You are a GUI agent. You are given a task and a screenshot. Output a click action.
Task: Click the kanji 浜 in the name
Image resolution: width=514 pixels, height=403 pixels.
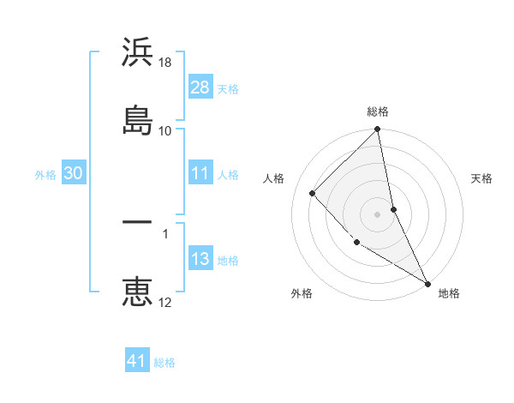pos(137,53)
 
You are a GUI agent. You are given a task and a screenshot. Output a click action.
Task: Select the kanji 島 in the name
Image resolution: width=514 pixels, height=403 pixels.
pos(137,118)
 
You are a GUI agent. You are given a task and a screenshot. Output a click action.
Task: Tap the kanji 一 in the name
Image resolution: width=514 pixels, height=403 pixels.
pos(137,222)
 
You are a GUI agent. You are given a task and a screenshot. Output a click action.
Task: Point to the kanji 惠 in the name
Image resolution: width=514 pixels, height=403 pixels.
pos(137,292)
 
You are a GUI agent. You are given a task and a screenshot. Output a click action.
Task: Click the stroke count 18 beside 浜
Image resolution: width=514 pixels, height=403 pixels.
pos(165,63)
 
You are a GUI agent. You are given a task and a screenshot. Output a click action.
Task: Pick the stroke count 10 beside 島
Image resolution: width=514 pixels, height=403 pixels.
pos(165,130)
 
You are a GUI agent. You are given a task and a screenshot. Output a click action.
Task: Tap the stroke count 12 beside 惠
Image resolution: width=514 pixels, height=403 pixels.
pos(165,302)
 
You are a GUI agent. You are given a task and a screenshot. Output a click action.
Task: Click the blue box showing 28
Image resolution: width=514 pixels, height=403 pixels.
pos(200,87)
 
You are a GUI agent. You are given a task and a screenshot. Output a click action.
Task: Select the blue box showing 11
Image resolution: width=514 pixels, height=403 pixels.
pos(200,173)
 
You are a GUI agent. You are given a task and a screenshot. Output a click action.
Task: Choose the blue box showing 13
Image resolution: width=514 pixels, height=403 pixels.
pos(200,259)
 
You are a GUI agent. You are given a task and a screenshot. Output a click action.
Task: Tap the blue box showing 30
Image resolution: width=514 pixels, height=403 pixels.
pos(73,173)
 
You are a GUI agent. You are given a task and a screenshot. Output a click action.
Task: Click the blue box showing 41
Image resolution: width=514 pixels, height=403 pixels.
pos(137,361)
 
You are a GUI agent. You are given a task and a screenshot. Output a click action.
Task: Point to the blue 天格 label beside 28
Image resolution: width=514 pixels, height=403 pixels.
pos(228,88)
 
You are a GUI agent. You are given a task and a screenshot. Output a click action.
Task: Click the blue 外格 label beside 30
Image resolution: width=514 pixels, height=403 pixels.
pos(45,174)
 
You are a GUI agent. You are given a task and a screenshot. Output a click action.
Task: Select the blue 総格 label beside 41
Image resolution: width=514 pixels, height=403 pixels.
pos(164,362)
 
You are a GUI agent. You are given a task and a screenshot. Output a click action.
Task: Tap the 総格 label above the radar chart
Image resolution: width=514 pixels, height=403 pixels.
pos(378,111)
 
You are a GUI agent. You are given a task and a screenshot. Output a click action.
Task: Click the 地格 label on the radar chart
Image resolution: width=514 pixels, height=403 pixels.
pos(449,293)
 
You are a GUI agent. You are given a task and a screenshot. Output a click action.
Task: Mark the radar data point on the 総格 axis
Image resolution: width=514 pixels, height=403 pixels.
pos(378,130)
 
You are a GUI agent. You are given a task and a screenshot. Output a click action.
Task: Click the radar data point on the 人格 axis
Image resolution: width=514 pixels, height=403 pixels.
pos(313,193)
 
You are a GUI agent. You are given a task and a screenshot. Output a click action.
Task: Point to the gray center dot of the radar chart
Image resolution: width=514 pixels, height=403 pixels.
pos(378,214)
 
